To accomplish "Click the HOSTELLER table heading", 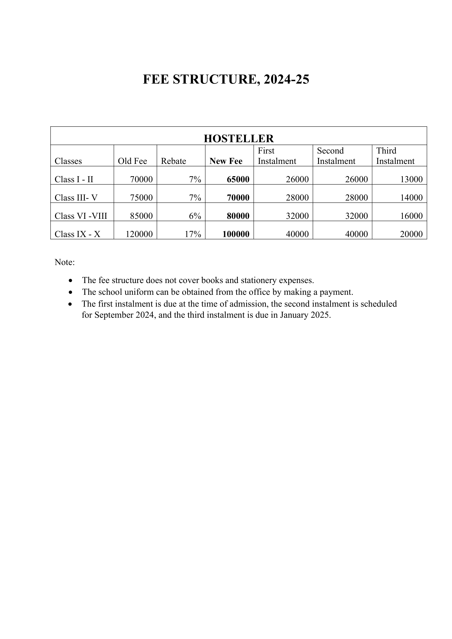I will tap(239, 138).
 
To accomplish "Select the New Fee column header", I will tap(226, 161).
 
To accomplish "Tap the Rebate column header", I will tap(174, 161).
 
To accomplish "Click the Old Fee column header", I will tap(132, 161).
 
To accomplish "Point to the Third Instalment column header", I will tap(395, 156).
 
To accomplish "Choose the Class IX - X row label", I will tap(77, 234).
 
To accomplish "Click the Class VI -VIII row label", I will tap(81, 216).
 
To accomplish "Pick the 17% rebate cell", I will tap(193, 234).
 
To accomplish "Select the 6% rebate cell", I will tap(195, 216).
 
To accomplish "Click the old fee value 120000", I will tap(139, 234).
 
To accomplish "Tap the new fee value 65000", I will tap(238, 179).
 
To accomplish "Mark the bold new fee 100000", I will tap(236, 234).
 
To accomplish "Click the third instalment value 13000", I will tap(411, 179).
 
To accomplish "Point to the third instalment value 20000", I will tap(411, 234).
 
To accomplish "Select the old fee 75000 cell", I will tap(141, 198).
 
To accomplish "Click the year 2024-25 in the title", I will tap(286, 79).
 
